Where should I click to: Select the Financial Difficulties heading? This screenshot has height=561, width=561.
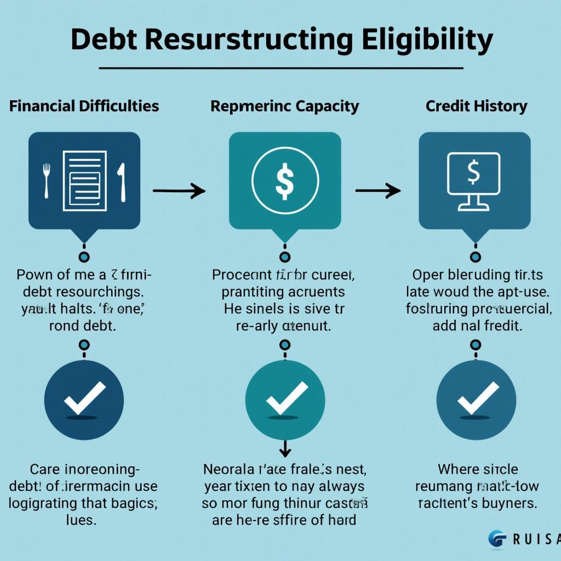(84, 106)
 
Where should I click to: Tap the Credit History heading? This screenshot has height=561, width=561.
(476, 106)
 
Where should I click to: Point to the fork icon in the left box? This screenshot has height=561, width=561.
(47, 179)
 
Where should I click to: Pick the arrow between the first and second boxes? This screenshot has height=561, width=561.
(179, 191)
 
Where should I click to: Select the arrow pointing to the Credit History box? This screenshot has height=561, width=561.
(378, 191)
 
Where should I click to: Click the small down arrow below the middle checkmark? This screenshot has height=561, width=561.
(285, 449)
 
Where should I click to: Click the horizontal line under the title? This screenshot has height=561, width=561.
(281, 68)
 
